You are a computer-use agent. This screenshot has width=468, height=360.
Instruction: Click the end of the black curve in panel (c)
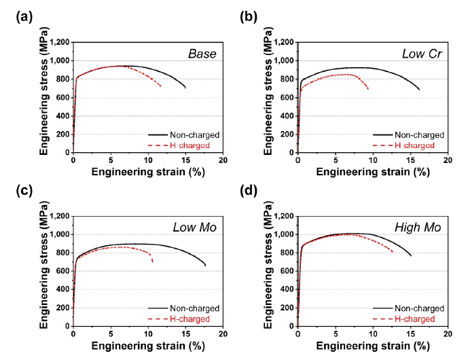205,266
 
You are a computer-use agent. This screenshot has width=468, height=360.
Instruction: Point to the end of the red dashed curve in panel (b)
368,90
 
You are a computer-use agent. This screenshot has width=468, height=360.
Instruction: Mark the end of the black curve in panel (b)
420,90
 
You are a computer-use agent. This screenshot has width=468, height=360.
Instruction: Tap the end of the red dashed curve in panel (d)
393,252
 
